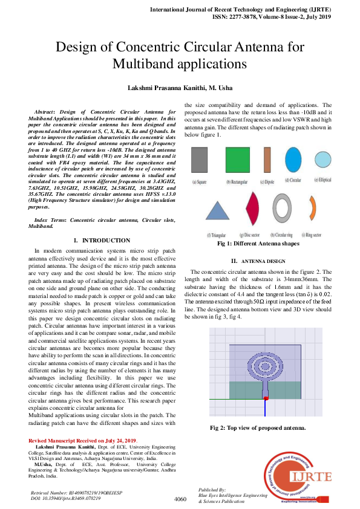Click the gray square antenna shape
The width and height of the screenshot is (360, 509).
coord(200,161)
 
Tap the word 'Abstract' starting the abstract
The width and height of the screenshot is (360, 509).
coord(45,112)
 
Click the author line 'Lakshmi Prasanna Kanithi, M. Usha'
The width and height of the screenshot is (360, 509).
coord(180,88)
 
